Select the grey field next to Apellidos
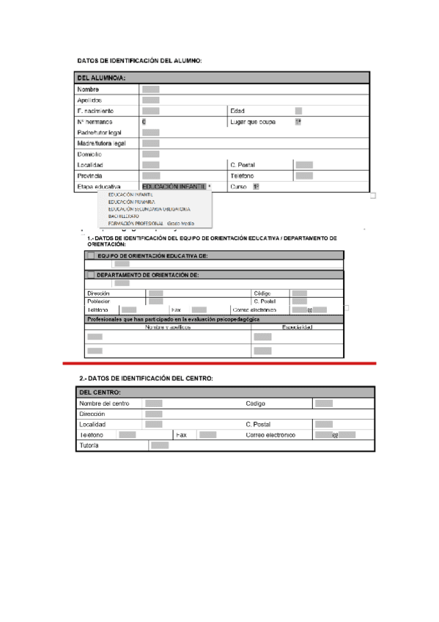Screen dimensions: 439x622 point(151,100)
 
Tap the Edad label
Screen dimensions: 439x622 point(237,111)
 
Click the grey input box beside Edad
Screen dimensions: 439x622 point(298,111)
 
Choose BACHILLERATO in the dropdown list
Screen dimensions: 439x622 point(123,216)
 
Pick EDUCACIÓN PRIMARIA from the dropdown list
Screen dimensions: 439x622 point(131,201)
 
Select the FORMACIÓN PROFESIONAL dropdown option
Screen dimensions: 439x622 point(136,223)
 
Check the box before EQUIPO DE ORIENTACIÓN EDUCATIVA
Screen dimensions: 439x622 point(91,255)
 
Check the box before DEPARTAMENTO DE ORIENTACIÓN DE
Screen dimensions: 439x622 point(91,275)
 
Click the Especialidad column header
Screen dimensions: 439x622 point(298,327)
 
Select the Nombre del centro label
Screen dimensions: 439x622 point(104,403)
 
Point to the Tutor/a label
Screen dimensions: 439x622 point(89,445)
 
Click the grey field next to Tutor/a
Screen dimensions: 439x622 point(159,445)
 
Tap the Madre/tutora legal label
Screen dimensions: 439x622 point(101,144)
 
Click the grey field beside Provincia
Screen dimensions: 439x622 point(151,176)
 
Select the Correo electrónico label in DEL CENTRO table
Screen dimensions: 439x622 point(270,435)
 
